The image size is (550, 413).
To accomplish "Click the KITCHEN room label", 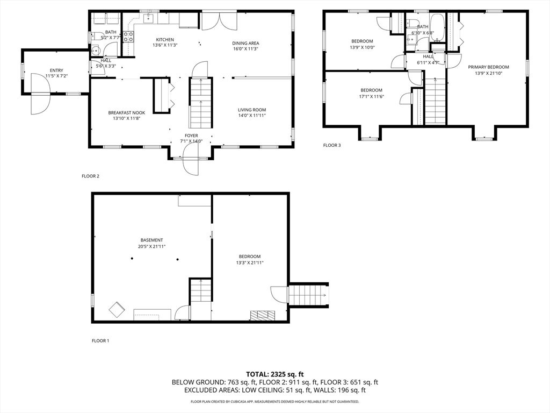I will [x=165, y=39].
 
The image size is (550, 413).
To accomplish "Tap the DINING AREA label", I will [x=245, y=44].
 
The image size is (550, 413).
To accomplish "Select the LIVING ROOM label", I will [x=252, y=110].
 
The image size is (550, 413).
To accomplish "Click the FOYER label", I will [x=191, y=136].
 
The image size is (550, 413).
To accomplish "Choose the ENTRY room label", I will [x=56, y=70].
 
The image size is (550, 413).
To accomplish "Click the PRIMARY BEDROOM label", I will [x=488, y=67].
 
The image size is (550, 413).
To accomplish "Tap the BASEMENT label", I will [x=151, y=240].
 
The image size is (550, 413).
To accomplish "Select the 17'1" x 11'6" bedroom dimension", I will [x=371, y=97].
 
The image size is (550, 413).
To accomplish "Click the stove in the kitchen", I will [x=129, y=37].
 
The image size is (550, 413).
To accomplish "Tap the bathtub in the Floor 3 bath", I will [x=437, y=28].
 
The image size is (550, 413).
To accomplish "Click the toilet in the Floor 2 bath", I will [x=95, y=52].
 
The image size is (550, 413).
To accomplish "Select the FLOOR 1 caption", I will [x=100, y=340].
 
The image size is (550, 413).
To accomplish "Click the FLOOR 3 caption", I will [x=331, y=145].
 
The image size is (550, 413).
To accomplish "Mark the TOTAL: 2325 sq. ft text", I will [x=274, y=374].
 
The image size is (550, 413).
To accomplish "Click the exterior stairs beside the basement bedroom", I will [x=308, y=295].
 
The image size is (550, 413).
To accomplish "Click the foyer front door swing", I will [x=192, y=164].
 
